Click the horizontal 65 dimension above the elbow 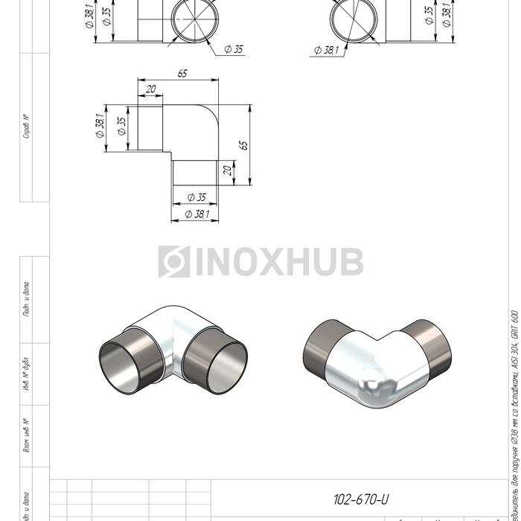pos(182,73)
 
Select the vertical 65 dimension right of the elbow pos(243,145)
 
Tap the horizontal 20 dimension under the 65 pos(151,89)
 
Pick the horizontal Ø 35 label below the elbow pos(196,197)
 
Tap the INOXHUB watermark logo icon pos(173,262)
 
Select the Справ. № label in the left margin pos(25,127)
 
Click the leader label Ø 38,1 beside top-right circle pos(326,50)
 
